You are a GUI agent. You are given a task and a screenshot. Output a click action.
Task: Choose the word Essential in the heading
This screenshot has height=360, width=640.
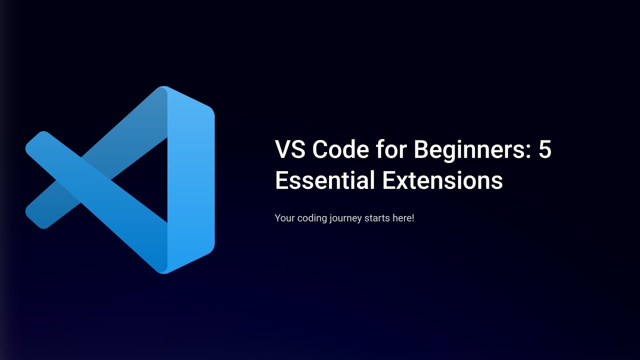point(325,180)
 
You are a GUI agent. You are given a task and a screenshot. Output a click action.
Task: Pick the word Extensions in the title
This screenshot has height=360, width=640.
point(443,180)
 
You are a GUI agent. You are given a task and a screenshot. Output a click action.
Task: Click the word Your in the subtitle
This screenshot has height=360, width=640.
point(284,218)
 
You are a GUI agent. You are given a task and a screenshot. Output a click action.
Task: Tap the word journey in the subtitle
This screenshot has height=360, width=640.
point(346,218)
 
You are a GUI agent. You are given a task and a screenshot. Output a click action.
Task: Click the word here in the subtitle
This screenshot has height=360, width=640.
point(402,218)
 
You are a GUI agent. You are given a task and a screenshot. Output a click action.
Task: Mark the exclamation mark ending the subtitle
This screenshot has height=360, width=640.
point(412,218)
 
